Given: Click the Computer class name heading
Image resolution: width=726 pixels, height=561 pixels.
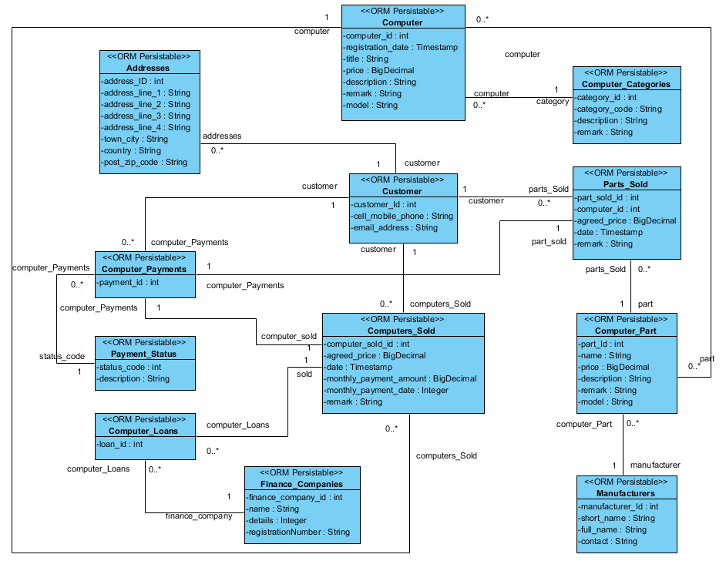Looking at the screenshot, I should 402,22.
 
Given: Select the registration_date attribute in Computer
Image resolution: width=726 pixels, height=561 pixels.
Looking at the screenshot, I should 400,47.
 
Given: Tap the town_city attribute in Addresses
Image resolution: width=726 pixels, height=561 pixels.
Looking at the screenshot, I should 135,139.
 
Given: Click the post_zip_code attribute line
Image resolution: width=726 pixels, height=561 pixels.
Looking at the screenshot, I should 144,162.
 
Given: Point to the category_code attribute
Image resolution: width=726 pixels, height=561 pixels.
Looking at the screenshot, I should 619,109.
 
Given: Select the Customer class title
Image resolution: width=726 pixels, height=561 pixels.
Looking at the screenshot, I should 402,191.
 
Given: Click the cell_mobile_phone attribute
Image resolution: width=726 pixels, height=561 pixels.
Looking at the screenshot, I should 402,216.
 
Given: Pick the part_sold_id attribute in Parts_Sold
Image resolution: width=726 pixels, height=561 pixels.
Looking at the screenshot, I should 607,197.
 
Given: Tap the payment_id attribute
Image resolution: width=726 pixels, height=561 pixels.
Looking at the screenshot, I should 128,282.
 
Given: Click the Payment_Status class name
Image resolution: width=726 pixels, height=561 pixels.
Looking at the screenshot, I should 143,354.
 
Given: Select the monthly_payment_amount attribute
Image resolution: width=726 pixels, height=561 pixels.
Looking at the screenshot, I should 401,378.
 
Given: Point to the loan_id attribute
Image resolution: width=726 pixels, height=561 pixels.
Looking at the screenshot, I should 121,444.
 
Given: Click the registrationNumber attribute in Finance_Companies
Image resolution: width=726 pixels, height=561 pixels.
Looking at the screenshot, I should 297,532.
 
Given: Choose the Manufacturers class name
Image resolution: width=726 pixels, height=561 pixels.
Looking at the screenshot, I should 626,493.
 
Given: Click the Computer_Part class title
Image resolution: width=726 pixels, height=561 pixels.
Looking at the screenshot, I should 626,331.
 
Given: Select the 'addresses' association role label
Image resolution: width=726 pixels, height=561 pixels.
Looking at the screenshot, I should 222,136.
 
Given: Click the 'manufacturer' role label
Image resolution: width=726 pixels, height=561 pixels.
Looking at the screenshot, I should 655,465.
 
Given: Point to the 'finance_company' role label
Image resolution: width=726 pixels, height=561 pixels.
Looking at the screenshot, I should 199,516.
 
